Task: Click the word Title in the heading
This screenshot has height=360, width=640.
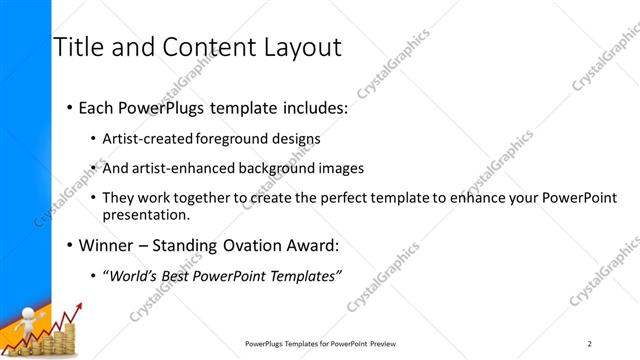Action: (x=77, y=47)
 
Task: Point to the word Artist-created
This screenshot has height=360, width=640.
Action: (x=149, y=139)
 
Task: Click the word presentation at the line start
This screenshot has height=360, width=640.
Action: (x=144, y=214)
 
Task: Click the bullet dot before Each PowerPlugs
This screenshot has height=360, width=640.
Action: (x=68, y=108)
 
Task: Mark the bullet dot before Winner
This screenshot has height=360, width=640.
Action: (x=68, y=244)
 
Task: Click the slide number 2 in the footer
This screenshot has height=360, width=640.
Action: (x=589, y=344)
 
